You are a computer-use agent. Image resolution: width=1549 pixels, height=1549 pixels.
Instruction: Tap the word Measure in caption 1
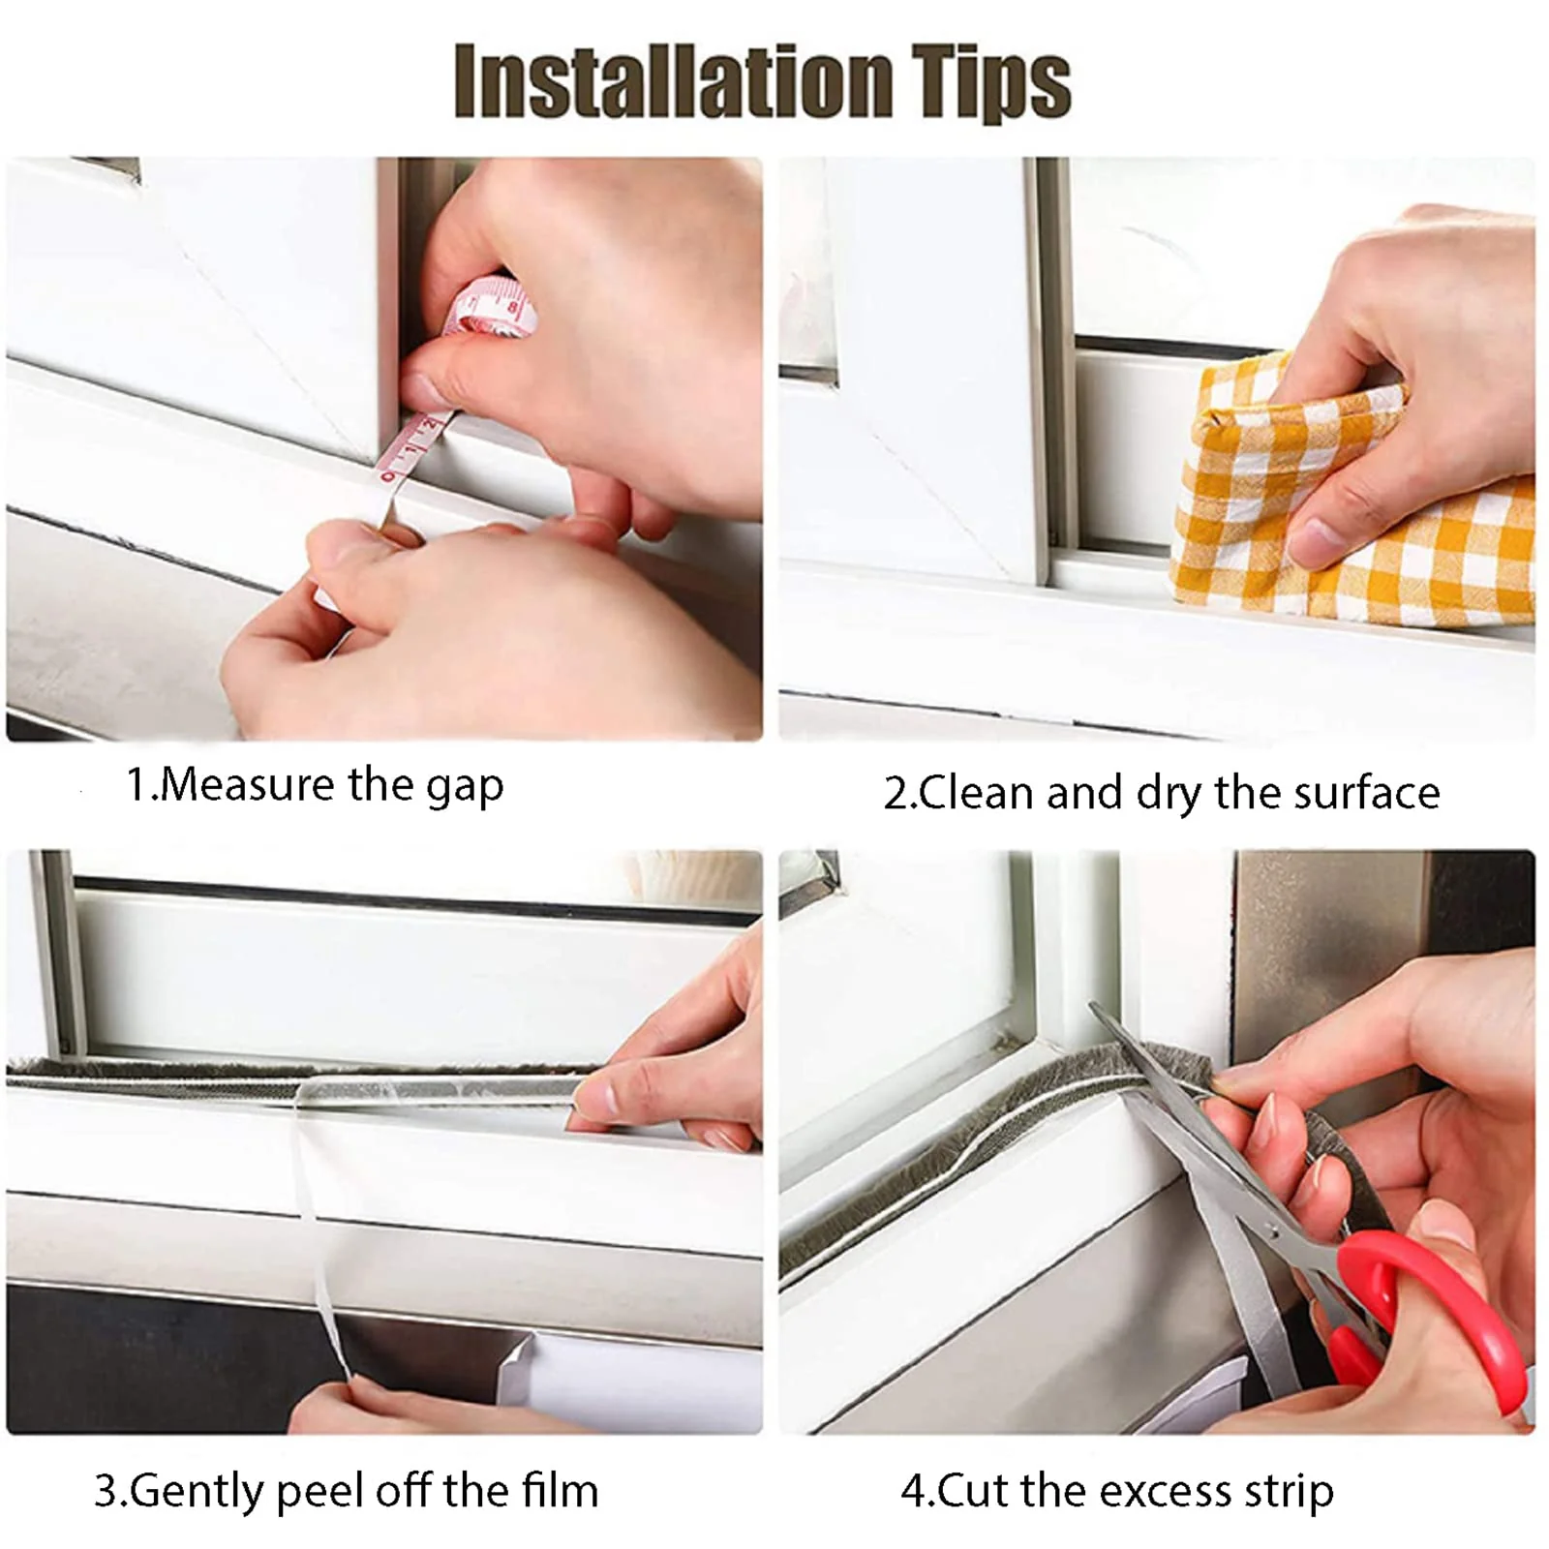coord(249,784)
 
